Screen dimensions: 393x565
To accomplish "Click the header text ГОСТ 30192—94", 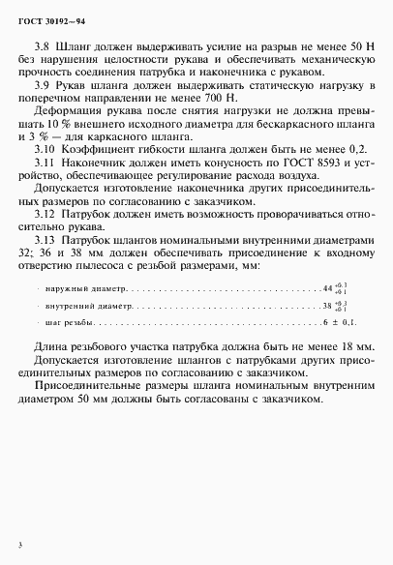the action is click(x=53, y=18).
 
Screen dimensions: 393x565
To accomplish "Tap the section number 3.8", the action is click(x=42, y=46).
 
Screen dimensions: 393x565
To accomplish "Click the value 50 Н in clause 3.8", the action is click(x=346, y=46).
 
